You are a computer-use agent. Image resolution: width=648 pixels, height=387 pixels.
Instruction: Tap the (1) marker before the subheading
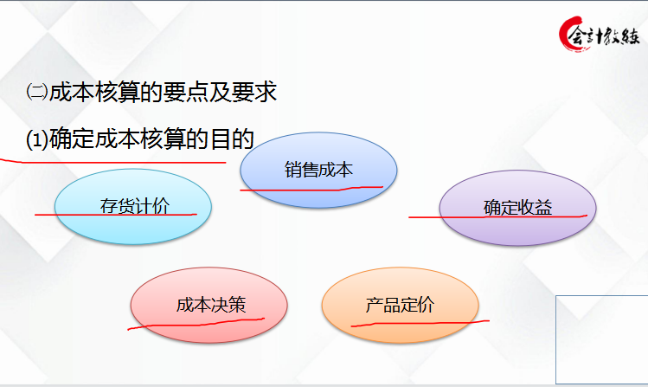coord(36,139)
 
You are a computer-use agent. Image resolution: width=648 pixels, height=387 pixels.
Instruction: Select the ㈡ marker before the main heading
coord(36,94)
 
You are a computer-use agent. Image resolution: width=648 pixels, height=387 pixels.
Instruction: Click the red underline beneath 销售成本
coord(311,187)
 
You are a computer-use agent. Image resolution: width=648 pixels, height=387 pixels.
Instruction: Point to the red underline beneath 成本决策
coord(195,322)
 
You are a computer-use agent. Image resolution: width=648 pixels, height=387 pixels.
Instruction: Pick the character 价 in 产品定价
coord(426,306)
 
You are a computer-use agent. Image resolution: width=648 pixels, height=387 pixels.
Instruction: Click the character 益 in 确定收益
coord(543,208)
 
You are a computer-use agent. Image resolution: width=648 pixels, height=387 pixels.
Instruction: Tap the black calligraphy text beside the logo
coord(615,36)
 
